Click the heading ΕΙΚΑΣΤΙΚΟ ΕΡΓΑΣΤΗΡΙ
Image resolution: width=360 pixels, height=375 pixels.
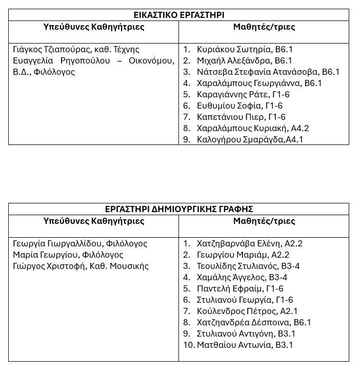[178, 15]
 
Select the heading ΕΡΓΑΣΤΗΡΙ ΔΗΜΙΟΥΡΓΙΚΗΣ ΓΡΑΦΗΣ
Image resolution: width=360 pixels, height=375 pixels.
[178, 209]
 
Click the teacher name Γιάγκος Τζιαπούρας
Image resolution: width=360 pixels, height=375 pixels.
[47, 50]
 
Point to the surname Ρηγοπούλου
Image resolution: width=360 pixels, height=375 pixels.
[83, 61]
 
